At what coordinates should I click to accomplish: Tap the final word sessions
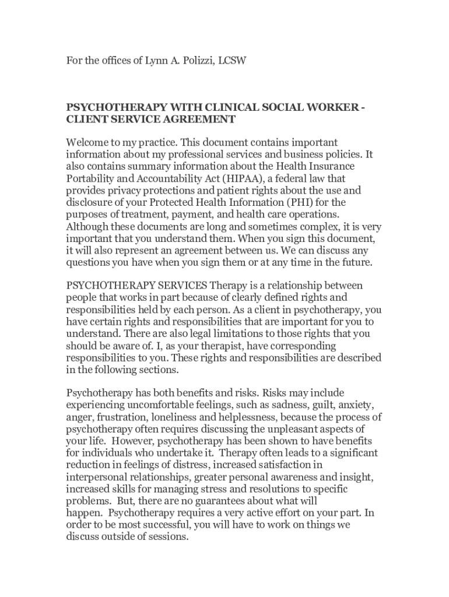(168, 536)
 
